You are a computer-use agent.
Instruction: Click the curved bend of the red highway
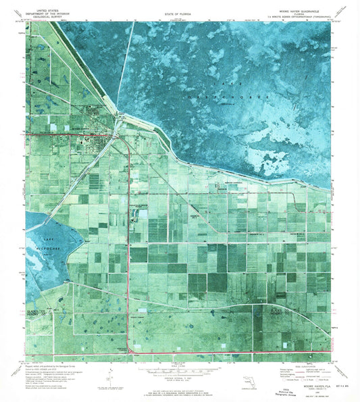(x=127, y=144)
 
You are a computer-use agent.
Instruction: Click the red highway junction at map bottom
(x=129, y=352)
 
